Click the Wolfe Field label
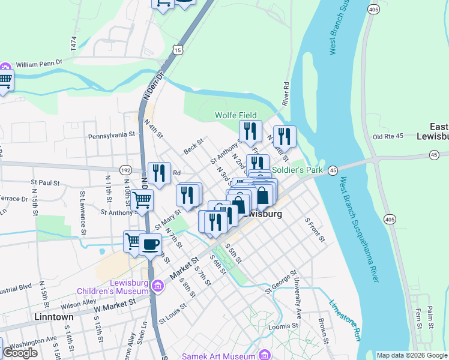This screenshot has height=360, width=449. coord(237,115)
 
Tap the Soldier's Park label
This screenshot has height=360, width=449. coord(297,170)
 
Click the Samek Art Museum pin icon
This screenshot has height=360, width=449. coord(262,355)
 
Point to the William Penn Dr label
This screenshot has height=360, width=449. coord(39,63)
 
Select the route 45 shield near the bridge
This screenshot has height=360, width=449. coord(333,170)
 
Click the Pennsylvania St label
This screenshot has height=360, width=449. coord(111,136)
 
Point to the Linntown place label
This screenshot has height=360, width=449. coord(54,317)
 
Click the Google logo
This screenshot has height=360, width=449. coord(19,353)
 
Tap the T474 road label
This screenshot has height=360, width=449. coord(74,43)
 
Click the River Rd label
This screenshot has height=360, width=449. coord(287,91)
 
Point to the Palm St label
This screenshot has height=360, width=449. coord(430,316)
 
